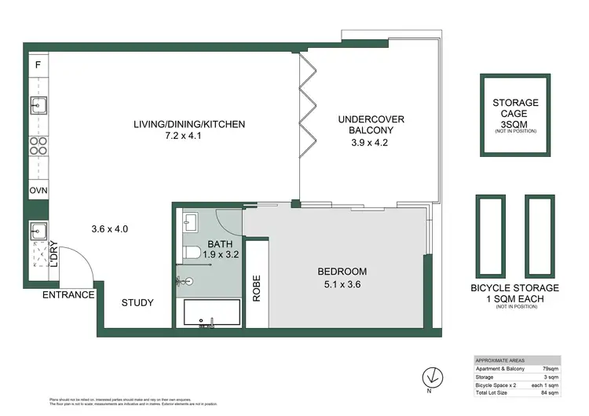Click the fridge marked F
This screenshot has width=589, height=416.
[x=37, y=64]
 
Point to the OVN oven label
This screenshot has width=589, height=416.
[x=37, y=191]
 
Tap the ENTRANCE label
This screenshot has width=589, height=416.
[x=68, y=295]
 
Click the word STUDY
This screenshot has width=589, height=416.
[x=137, y=303]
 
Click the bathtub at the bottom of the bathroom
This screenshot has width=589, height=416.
[x=213, y=315]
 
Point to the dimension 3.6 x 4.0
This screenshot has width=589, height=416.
[x=109, y=229]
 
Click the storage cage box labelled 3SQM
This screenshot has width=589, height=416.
[x=515, y=115]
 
